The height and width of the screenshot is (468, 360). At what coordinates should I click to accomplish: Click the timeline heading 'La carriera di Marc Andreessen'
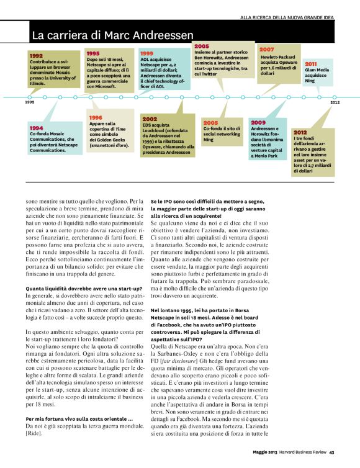[x=112, y=34]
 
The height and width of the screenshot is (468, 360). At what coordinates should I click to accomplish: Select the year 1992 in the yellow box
[x=37, y=56]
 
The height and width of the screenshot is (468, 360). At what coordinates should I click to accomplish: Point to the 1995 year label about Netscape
[x=93, y=54]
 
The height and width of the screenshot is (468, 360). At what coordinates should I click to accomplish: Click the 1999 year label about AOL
[x=146, y=54]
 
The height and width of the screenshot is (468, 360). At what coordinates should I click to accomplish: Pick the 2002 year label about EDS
[x=150, y=118]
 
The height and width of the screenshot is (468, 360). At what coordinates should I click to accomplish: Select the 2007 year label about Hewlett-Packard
[x=267, y=49]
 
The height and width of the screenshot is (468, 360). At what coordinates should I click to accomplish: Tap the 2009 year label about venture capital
[x=258, y=123]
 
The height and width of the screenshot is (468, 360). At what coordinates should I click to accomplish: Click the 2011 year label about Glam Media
[x=311, y=63]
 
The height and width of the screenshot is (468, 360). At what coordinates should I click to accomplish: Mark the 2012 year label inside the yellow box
[x=300, y=132]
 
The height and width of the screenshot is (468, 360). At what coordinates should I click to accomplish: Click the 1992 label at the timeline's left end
[x=29, y=102]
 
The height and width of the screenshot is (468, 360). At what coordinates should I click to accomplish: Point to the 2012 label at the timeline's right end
[x=335, y=102]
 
